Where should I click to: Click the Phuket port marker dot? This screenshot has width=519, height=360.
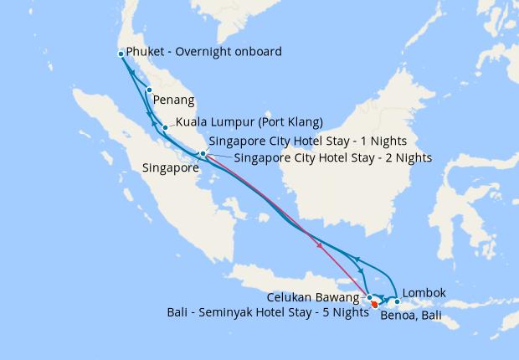pyautogui.click(x=121, y=54)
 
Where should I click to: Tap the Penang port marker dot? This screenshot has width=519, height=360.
pyautogui.click(x=149, y=90)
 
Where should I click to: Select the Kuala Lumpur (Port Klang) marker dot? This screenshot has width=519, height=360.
pyautogui.click(x=166, y=127)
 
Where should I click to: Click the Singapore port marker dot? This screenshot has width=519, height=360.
pyautogui.click(x=203, y=154)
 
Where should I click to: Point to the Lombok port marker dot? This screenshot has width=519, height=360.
pyautogui.click(x=397, y=301)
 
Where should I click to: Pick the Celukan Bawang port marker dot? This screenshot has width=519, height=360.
pyautogui.click(x=369, y=297)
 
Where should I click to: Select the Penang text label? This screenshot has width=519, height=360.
pyautogui.click(x=175, y=100)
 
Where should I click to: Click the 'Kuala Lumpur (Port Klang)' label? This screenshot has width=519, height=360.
pyautogui.click(x=249, y=121)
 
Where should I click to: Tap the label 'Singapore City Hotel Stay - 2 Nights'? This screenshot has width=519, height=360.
pyautogui.click(x=333, y=157)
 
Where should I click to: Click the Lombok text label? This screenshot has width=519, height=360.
pyautogui.click(x=424, y=293)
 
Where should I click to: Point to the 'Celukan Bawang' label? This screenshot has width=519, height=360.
pyautogui.click(x=314, y=297)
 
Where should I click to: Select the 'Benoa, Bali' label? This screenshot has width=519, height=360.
pyautogui.click(x=411, y=316)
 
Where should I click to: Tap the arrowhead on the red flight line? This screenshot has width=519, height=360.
pyautogui.click(x=321, y=244)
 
